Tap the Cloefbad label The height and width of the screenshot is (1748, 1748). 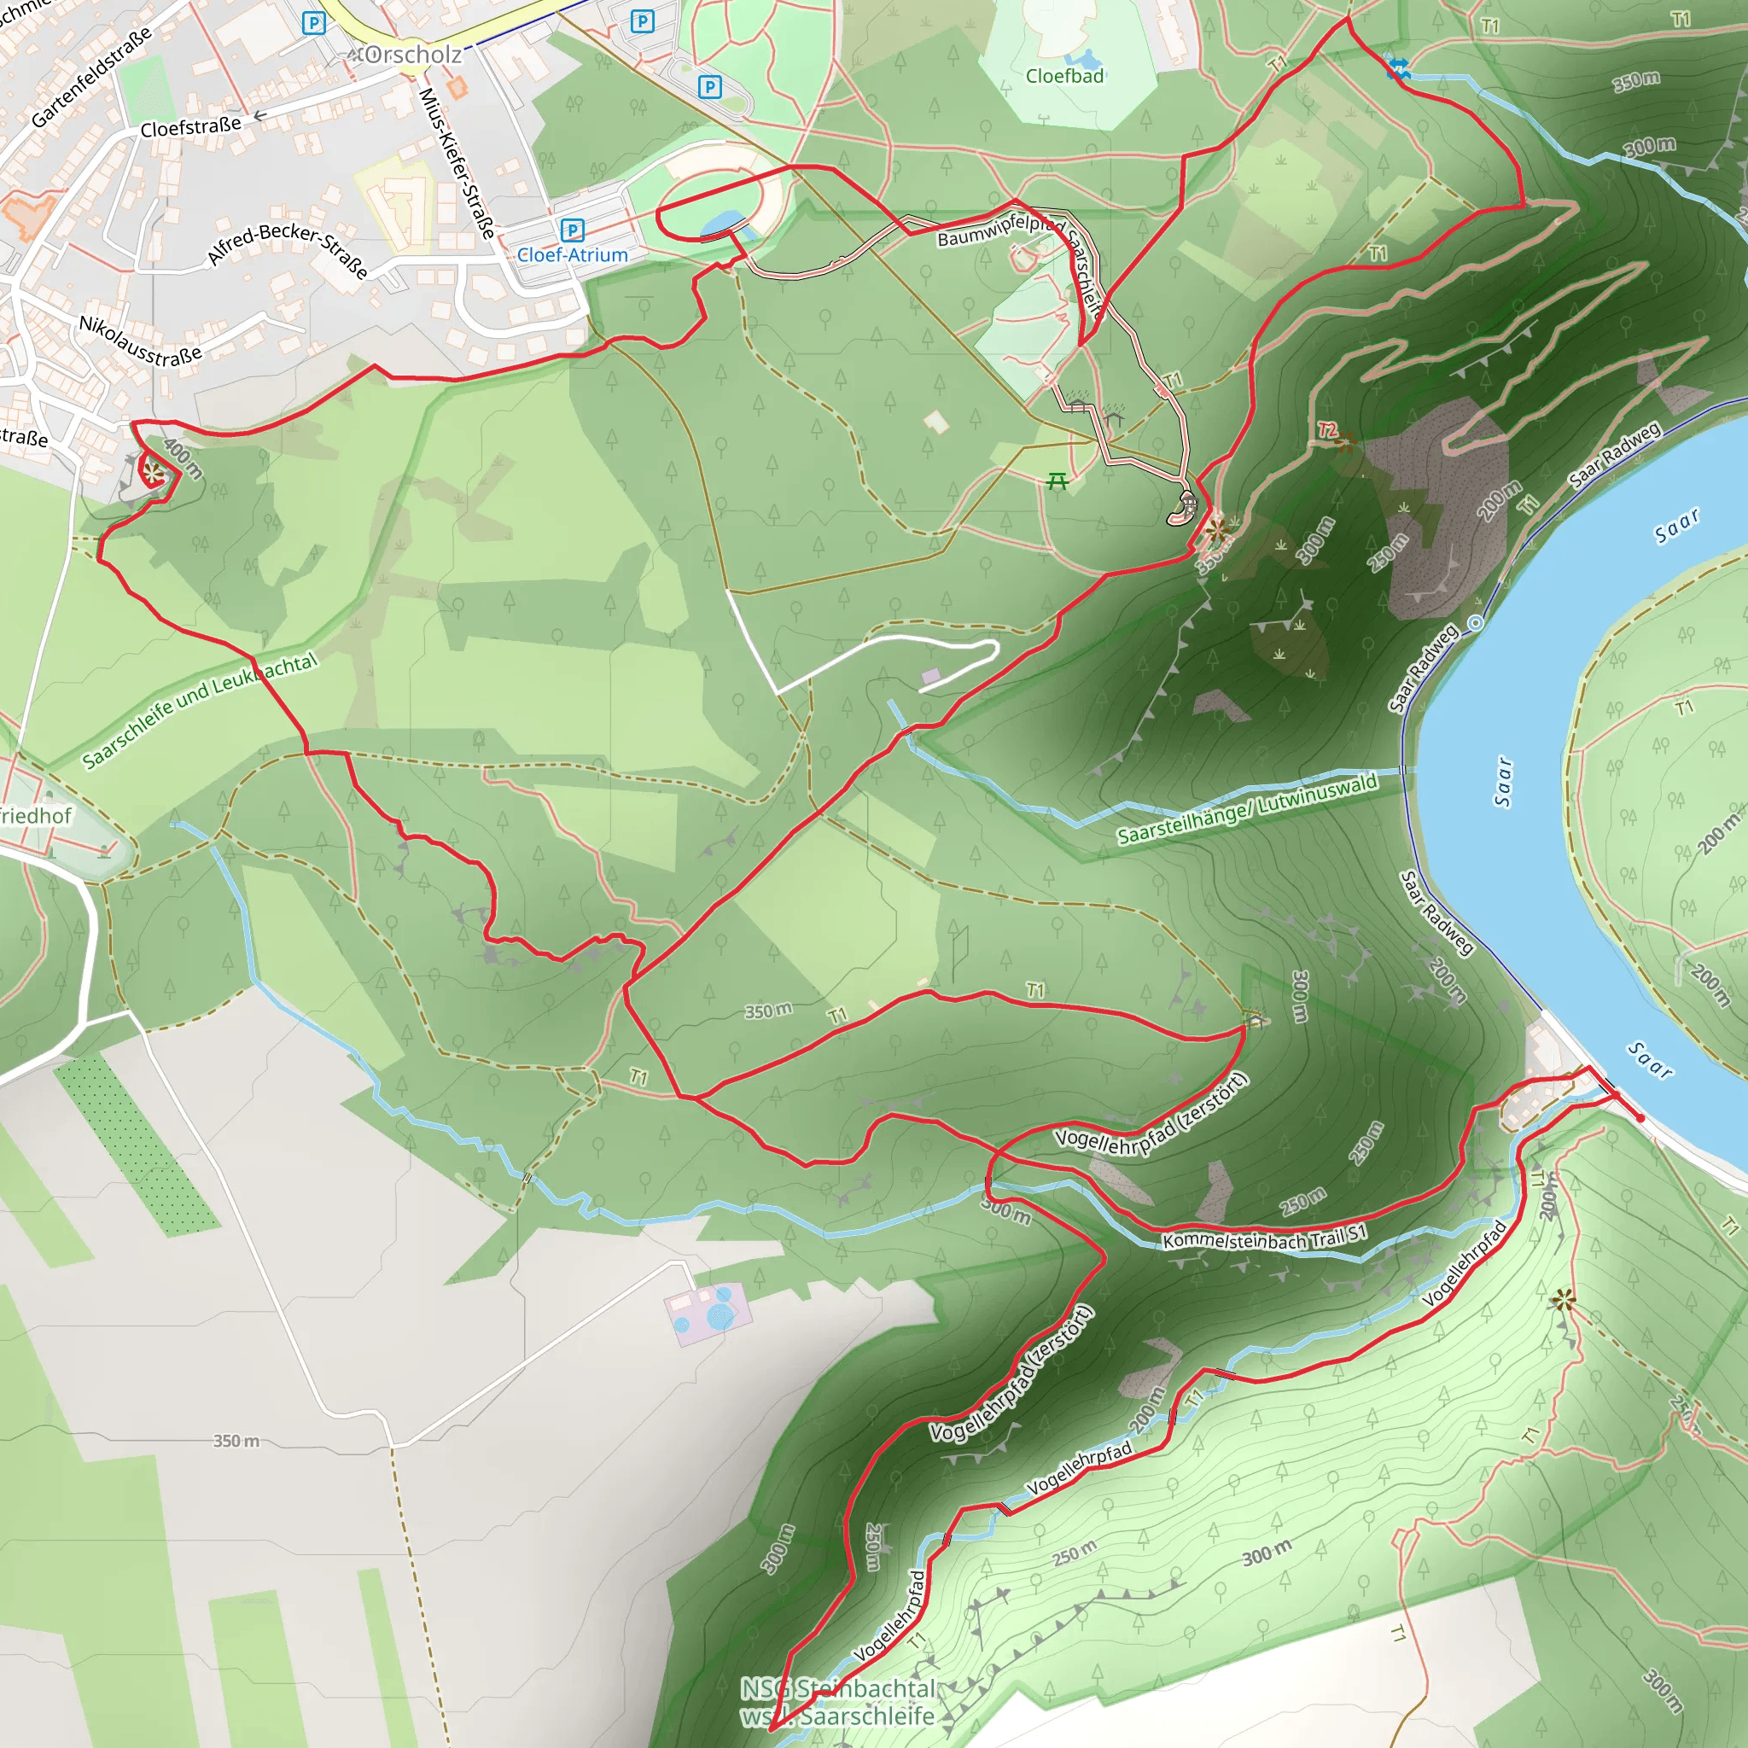(x=1064, y=76)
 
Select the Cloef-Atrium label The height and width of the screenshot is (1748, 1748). (x=572, y=255)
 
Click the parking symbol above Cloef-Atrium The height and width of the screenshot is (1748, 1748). (x=572, y=230)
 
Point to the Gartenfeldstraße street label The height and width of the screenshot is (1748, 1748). (x=90, y=78)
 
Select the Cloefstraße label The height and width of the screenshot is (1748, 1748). (x=190, y=127)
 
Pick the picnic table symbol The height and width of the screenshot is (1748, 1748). (x=1057, y=481)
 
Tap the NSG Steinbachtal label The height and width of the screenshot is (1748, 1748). (x=838, y=1688)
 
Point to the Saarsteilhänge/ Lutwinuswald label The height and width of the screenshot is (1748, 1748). (x=1247, y=809)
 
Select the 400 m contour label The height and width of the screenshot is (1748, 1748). (x=184, y=457)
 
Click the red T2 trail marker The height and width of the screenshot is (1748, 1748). (x=1327, y=430)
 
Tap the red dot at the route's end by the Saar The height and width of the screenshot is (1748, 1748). (x=1640, y=1118)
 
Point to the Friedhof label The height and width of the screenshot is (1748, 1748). (x=34, y=816)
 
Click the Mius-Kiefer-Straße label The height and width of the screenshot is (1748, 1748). (x=457, y=163)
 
